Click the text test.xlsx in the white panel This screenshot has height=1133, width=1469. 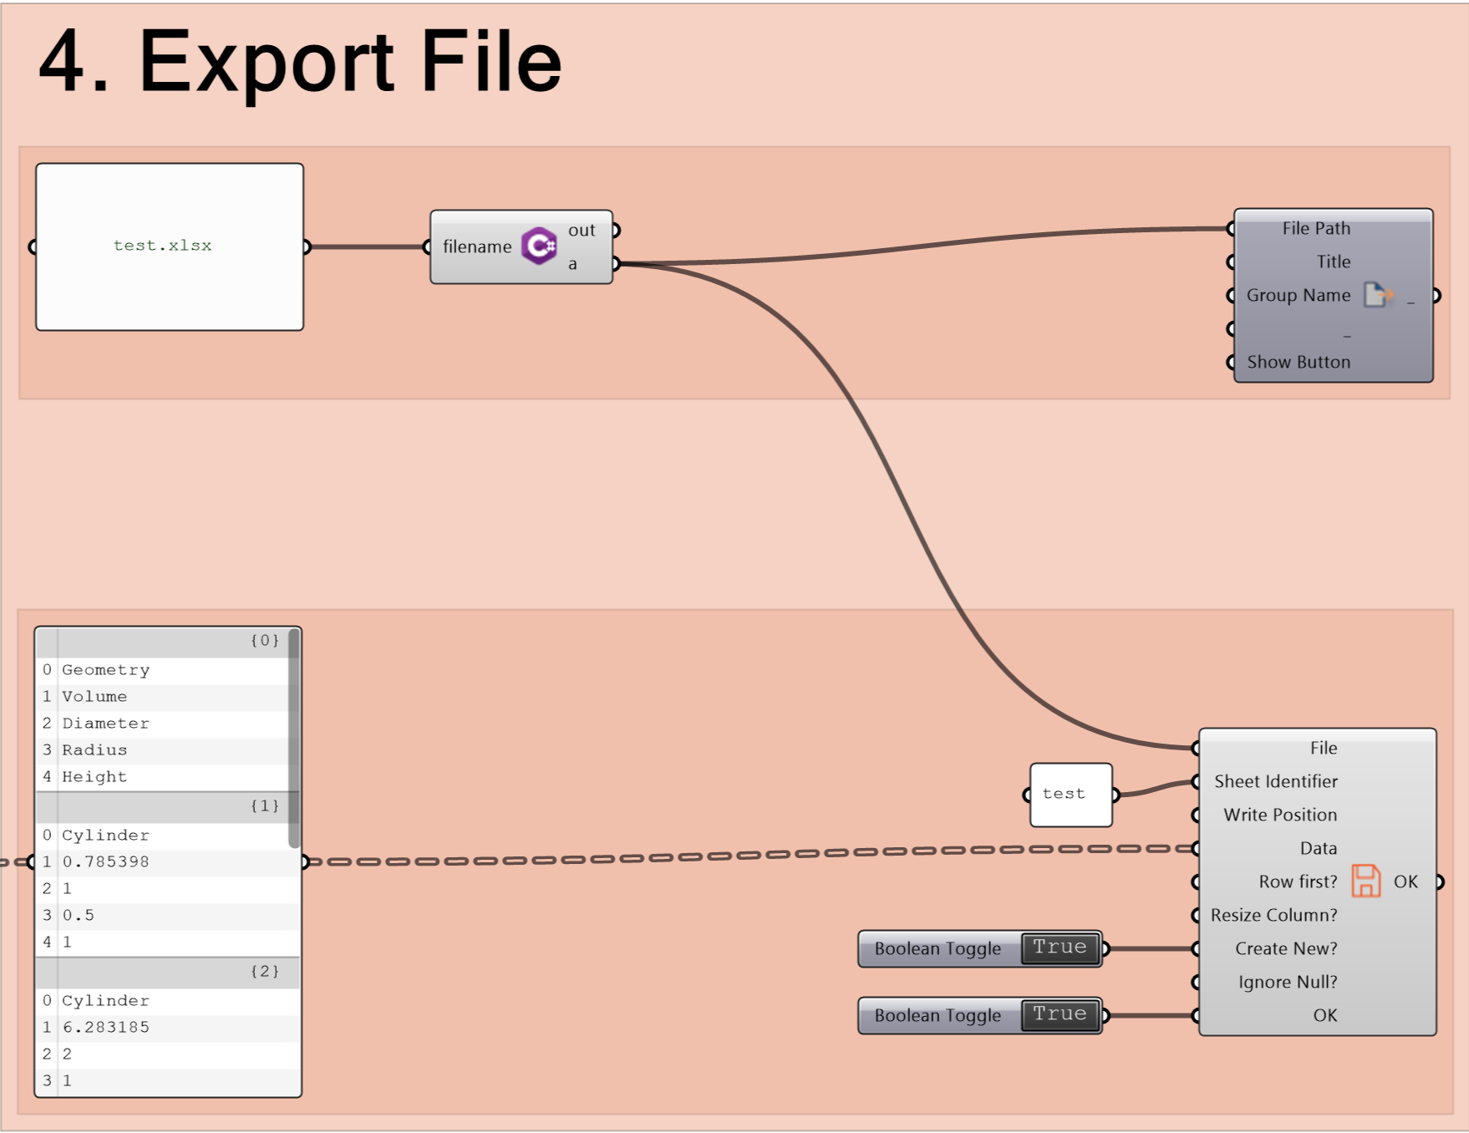(163, 246)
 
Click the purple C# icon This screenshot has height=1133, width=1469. (540, 246)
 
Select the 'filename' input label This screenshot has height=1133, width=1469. (477, 246)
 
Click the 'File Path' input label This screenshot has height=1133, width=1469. (1316, 228)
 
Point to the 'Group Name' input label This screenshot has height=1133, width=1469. (1299, 295)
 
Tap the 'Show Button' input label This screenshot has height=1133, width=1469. (1299, 362)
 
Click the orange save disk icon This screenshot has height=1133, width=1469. (1366, 881)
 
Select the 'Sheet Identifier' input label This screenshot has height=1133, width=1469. (1276, 781)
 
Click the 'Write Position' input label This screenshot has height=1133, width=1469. (1280, 815)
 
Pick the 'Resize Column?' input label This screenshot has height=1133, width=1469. (1274, 915)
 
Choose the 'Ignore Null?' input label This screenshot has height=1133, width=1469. (1288, 982)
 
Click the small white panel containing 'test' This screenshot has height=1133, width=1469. (1071, 795)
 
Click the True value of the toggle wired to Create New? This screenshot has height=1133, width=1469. (1060, 948)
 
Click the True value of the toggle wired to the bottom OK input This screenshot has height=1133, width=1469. (1060, 1014)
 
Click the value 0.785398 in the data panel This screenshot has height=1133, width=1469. (106, 861)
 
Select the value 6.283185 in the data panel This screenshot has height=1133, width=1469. (106, 1027)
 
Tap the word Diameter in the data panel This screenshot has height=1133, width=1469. (106, 723)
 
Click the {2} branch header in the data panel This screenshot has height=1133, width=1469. (265, 971)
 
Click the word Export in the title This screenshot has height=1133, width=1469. (267, 63)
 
